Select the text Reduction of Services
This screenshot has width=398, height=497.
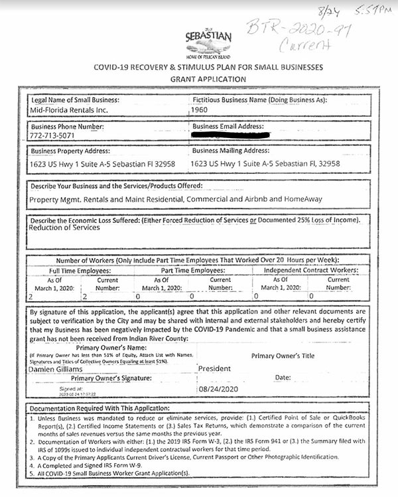(64, 228)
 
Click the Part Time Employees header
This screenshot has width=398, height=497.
(194, 271)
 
